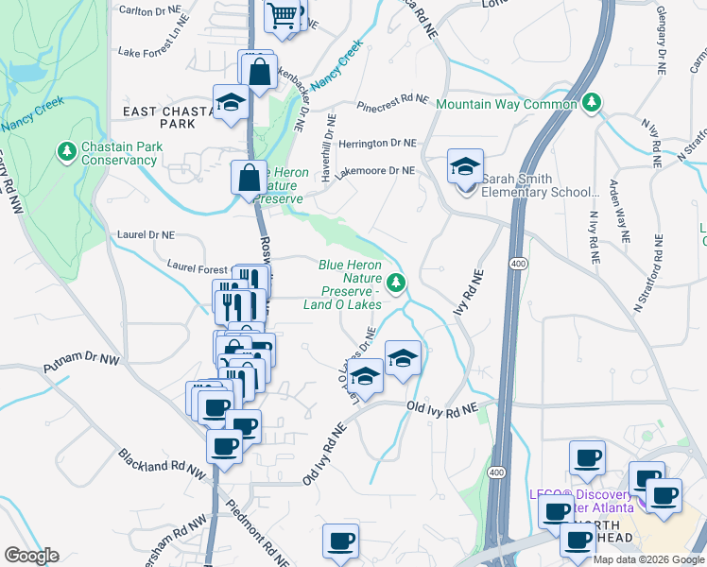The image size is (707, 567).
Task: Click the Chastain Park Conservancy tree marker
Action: click(66, 151)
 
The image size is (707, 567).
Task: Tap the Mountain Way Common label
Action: click(507, 104)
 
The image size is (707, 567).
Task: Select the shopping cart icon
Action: click(282, 15)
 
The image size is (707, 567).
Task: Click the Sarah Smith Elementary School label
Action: click(540, 185)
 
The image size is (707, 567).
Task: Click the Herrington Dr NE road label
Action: click(377, 144)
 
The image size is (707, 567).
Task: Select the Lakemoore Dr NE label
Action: click(374, 171)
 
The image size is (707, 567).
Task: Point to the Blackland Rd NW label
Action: click(162, 462)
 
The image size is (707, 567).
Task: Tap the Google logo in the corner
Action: click(31, 556)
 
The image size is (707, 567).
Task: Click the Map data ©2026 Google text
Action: click(647, 559)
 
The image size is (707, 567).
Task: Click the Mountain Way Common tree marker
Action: click(592, 102)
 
